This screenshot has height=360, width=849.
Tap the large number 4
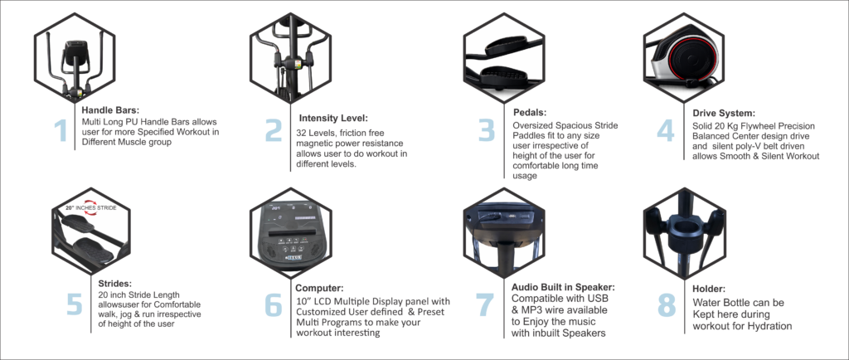667,130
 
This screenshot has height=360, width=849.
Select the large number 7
485,305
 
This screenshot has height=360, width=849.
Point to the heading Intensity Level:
333,118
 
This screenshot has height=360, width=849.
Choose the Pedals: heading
530,113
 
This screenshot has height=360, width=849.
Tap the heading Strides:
114,283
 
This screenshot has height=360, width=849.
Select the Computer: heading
319,288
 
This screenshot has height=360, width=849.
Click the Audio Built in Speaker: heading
563,286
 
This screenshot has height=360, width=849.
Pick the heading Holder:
709,289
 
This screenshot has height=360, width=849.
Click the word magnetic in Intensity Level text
314,144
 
